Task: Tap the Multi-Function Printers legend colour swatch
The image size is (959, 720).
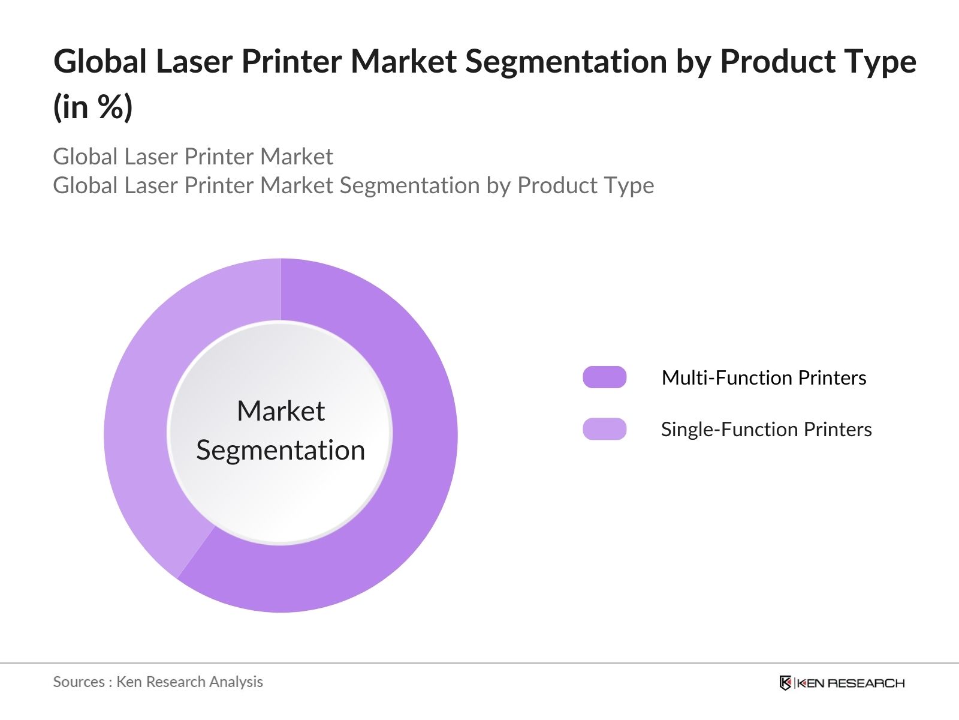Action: pyautogui.click(x=604, y=377)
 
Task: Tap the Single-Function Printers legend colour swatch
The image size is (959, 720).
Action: pyautogui.click(x=604, y=429)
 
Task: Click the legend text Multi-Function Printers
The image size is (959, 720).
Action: pyautogui.click(x=764, y=377)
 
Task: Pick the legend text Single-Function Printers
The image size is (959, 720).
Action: pyautogui.click(x=766, y=429)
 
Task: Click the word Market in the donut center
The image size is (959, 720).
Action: pyautogui.click(x=281, y=411)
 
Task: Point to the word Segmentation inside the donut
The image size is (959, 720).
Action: pyautogui.click(x=281, y=450)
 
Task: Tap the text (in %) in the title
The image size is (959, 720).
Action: pyautogui.click(x=93, y=107)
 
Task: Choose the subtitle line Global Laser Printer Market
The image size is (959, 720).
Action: pyautogui.click(x=192, y=157)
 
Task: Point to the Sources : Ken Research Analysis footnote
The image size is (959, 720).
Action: pyautogui.click(x=158, y=682)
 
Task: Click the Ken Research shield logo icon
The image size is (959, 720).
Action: pyautogui.click(x=785, y=683)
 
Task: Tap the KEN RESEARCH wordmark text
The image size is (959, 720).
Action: pyautogui.click(x=850, y=683)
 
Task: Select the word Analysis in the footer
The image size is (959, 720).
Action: pyautogui.click(x=239, y=682)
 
